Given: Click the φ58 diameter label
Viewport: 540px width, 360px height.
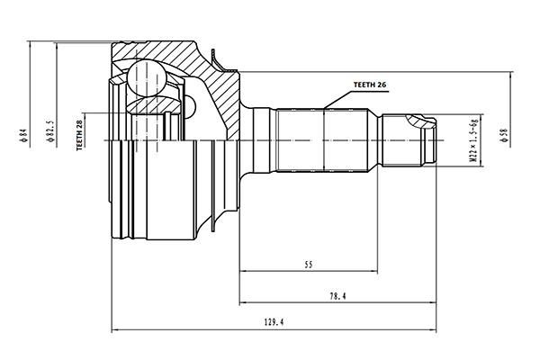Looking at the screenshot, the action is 500,139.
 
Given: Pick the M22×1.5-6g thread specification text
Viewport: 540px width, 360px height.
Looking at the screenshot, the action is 472,139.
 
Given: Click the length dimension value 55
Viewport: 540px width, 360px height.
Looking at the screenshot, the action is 308,266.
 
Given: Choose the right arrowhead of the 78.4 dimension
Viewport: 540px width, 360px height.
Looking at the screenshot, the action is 436,301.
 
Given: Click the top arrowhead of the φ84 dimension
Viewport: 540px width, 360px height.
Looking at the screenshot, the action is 31,43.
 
